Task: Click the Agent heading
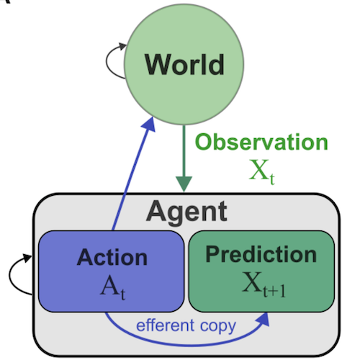click(186, 211)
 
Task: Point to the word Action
click(112, 257)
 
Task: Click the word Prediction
click(261, 254)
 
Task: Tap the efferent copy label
click(186, 325)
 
